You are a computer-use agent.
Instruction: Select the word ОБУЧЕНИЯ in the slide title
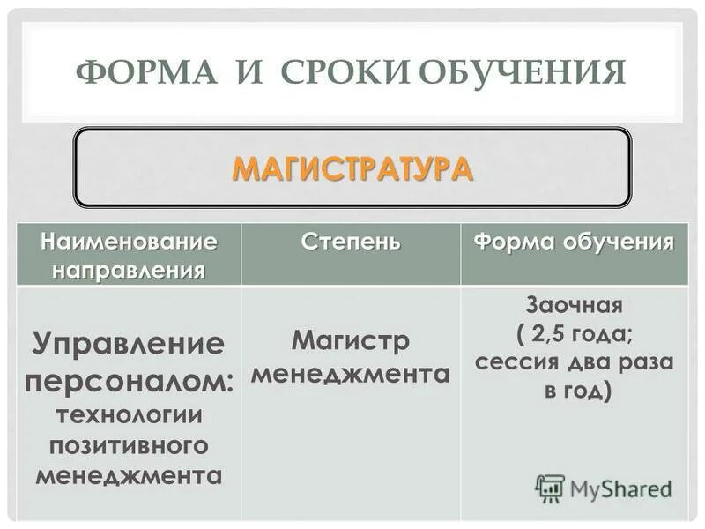[521, 71]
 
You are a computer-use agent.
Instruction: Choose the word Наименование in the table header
[130, 240]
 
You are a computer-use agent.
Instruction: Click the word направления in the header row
[130, 267]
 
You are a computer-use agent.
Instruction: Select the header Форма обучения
[575, 242]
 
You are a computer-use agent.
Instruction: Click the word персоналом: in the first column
[129, 381]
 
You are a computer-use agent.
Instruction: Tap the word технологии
[129, 414]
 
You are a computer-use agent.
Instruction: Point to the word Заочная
[575, 307]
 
